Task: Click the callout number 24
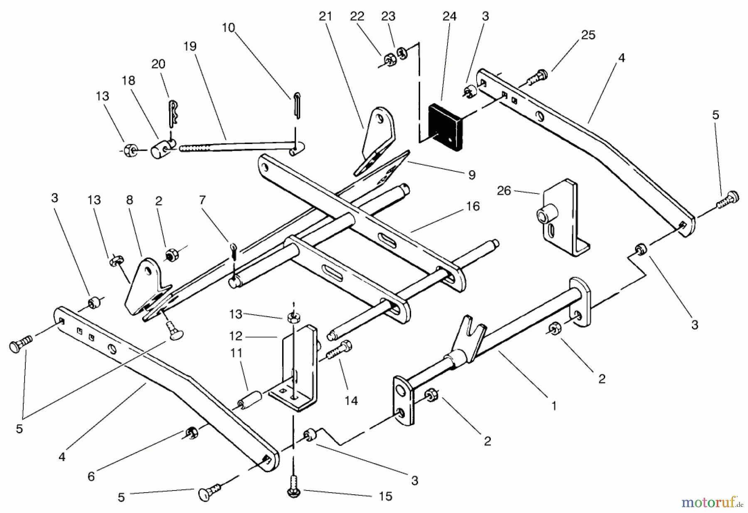click(450, 16)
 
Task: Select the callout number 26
click(504, 191)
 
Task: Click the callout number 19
click(189, 46)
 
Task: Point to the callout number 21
click(325, 16)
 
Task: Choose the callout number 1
click(554, 406)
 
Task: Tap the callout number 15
click(386, 496)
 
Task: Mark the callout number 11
click(236, 353)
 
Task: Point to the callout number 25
click(588, 35)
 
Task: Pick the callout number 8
click(130, 200)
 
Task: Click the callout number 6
click(91, 476)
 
